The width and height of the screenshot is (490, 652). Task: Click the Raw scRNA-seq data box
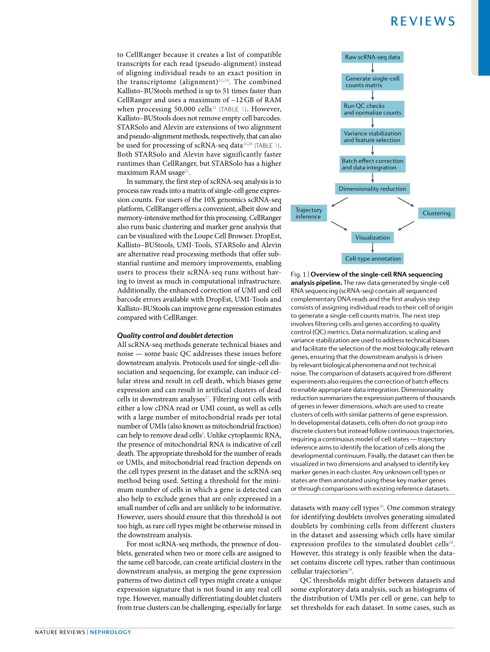pyautogui.click(x=372, y=57)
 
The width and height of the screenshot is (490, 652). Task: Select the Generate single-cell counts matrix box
pyautogui.click(x=372, y=82)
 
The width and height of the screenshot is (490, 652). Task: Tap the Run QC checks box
pyautogui.click(x=372, y=109)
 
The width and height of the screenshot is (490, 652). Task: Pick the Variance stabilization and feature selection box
pyautogui.click(x=372, y=137)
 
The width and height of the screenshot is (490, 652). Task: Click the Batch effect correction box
pyautogui.click(x=372, y=164)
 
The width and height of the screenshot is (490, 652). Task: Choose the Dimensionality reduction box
pyautogui.click(x=372, y=189)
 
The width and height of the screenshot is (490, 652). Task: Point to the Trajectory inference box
pyautogui.click(x=308, y=213)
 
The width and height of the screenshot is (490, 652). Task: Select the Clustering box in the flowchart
pyautogui.click(x=436, y=213)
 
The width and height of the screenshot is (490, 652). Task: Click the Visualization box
pyautogui.click(x=372, y=237)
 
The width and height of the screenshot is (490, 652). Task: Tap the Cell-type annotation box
pyautogui.click(x=372, y=259)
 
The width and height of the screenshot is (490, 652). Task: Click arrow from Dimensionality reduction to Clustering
pyautogui.click(x=406, y=202)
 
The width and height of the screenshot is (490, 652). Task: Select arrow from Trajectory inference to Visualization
pyautogui.click(x=339, y=226)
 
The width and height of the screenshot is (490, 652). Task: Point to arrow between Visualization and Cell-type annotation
pyautogui.click(x=372, y=248)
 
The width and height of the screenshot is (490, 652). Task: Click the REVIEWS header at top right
pyautogui.click(x=423, y=21)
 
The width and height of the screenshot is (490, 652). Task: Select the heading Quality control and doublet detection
pyautogui.click(x=175, y=336)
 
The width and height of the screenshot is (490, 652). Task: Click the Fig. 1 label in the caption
pyautogui.click(x=298, y=275)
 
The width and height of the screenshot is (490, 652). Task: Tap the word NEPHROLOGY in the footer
pyautogui.click(x=110, y=632)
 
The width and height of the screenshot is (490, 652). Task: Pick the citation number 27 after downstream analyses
pyautogui.click(x=207, y=397)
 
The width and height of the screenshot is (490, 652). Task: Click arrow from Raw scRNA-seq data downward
pyautogui.click(x=372, y=69)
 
